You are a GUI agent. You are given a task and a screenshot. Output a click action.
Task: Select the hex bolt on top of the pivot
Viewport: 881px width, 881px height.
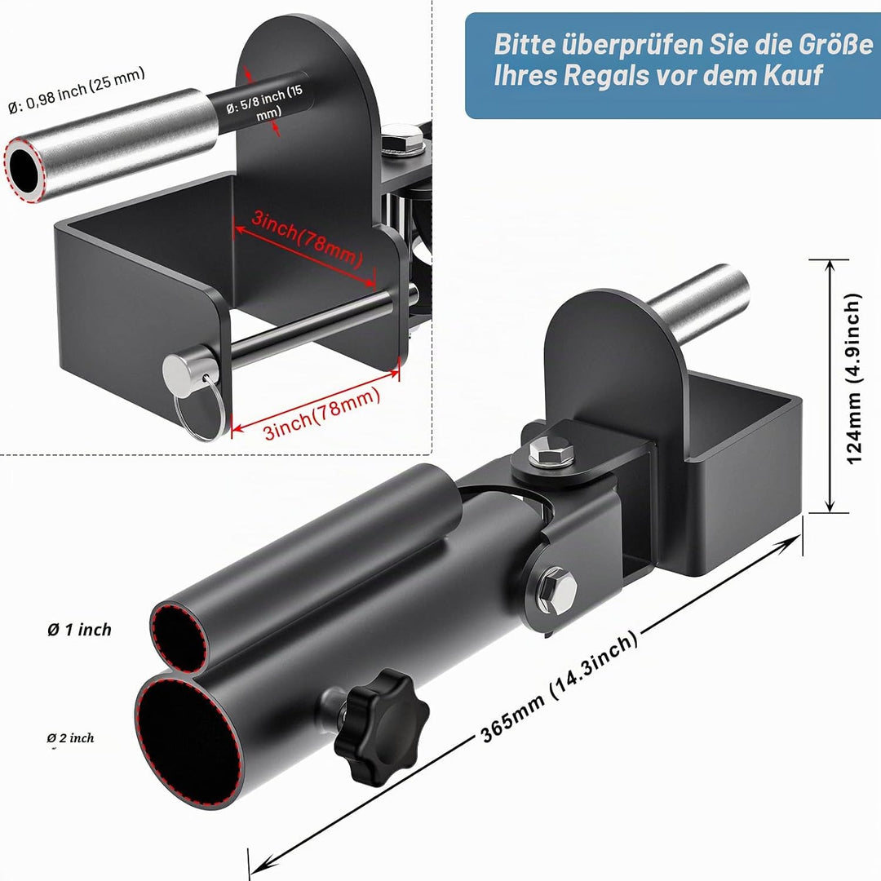[x=551, y=452]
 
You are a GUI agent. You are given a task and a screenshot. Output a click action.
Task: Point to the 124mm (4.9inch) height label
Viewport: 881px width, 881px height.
[x=853, y=379]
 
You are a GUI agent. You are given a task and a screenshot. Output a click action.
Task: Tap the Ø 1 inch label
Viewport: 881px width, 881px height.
[x=79, y=630]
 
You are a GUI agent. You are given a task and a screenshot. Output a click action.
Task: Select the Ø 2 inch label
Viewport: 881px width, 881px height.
[x=71, y=737]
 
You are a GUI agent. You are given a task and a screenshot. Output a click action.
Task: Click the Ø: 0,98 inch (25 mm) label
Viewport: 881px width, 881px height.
[x=77, y=90]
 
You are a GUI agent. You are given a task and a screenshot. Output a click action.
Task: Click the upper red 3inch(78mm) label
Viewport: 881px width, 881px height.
[x=307, y=237]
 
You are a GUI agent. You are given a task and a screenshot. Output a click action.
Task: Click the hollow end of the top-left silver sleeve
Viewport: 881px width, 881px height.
[x=24, y=169]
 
